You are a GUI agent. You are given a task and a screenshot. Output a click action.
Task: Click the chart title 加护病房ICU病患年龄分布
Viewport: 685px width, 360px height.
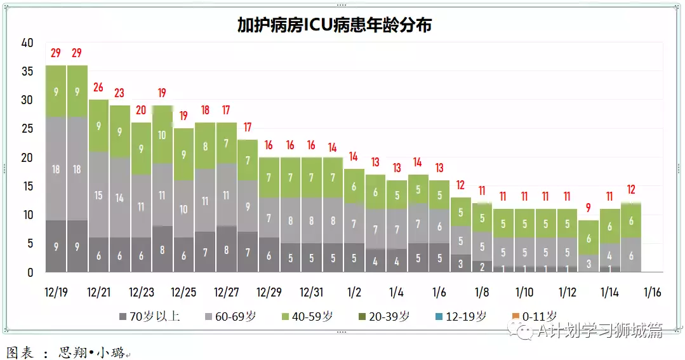coord(334,25)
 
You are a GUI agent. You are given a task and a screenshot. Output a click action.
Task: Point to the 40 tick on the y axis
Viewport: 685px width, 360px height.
coord(27,43)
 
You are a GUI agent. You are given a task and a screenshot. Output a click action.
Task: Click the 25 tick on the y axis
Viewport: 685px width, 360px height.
coord(27,129)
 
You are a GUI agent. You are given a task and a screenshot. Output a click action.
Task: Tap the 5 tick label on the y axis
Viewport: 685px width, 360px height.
coord(30,244)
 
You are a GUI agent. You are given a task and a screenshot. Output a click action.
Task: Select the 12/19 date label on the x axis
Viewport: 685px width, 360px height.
coord(56,293)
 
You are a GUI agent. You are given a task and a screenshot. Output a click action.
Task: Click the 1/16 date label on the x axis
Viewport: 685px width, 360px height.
coord(652,293)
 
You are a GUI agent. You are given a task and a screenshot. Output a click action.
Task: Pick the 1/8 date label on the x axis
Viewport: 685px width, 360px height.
coord(481,293)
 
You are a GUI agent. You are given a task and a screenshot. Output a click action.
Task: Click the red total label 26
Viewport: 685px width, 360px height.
coord(98,87)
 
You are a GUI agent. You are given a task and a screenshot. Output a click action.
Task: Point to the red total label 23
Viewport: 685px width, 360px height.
coord(119,93)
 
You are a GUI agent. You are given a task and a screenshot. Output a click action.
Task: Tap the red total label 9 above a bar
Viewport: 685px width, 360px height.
coord(588,207)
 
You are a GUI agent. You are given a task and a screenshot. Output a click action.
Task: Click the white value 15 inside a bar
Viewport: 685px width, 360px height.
coord(98,195)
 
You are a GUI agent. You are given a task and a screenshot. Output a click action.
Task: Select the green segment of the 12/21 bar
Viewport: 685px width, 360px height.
coord(98,126)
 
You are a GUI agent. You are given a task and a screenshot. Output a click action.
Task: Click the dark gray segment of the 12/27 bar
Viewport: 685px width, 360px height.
coord(226,249)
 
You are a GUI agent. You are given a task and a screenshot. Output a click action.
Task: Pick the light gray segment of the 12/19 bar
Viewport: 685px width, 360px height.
coord(56,169)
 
